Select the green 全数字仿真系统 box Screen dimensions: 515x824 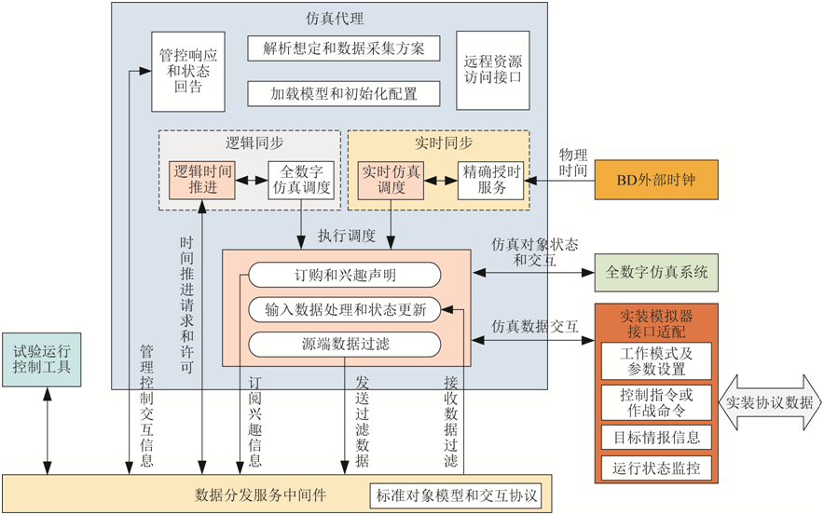pyautogui.click(x=656, y=273)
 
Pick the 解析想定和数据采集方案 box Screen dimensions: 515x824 pyautogui.click(x=344, y=47)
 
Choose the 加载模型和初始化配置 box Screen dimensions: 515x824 pyautogui.click(x=344, y=93)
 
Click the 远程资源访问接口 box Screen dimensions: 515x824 pyautogui.click(x=492, y=70)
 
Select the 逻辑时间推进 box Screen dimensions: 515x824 pyautogui.click(x=200, y=179)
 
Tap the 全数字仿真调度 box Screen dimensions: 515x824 pyautogui.click(x=301, y=179)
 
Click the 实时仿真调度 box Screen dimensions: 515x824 pyautogui.click(x=391, y=179)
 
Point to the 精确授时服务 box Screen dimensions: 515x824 pyautogui.click(x=489, y=179)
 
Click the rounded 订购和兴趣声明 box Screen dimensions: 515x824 pyautogui.click(x=345, y=275)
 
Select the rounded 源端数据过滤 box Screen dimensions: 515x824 pyautogui.click(x=345, y=345)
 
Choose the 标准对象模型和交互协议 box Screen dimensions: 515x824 pyautogui.click(x=456, y=495)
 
